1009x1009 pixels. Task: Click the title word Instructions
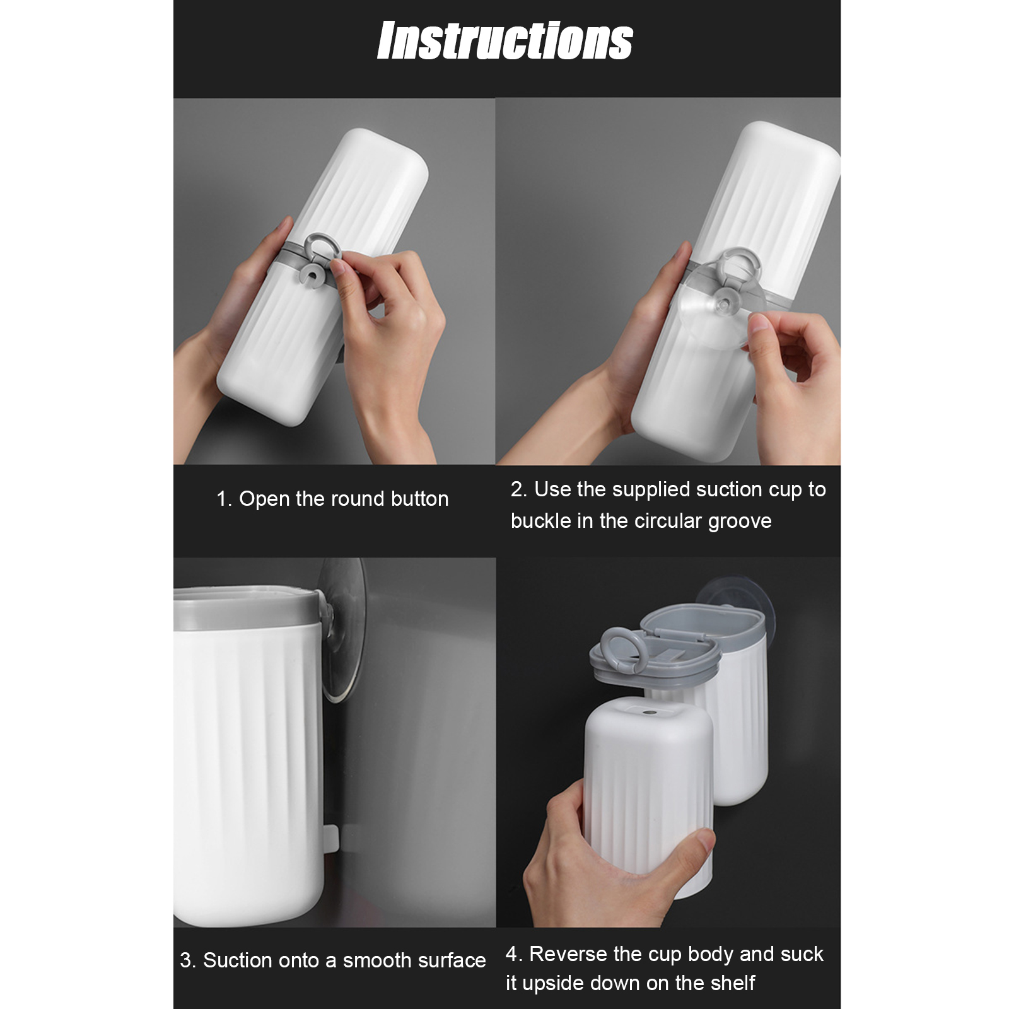click(x=505, y=41)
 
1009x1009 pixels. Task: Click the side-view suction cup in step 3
click(x=344, y=630)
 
